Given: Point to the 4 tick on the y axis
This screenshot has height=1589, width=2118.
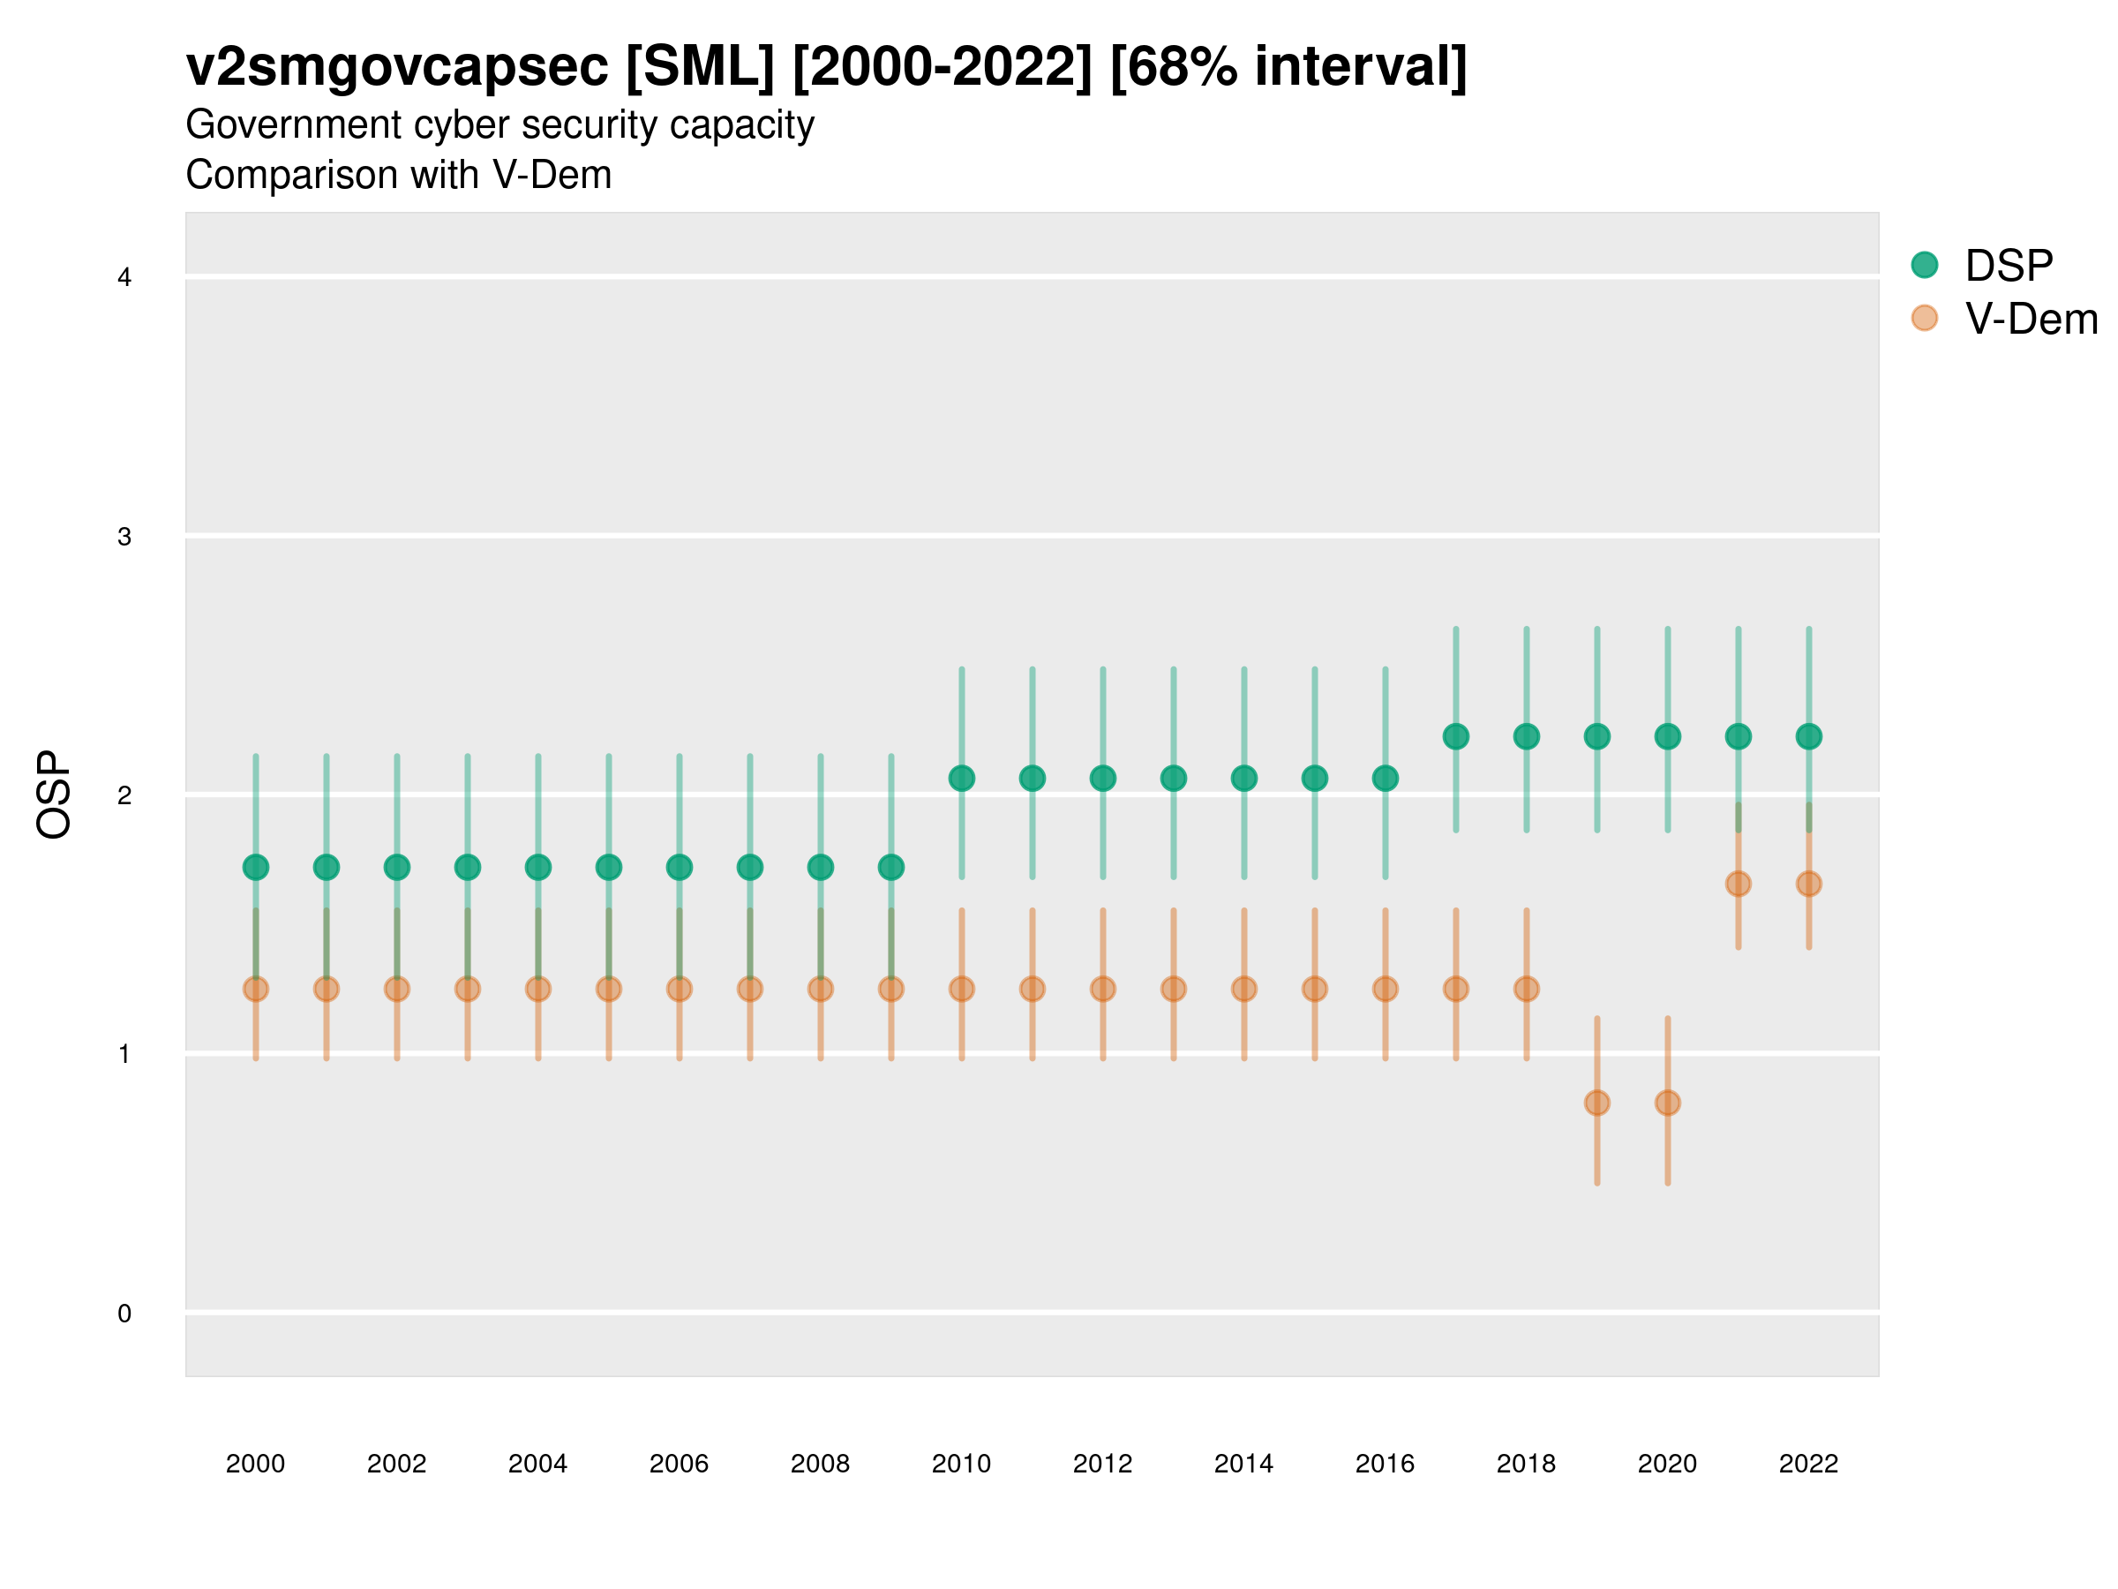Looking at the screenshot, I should [x=124, y=278].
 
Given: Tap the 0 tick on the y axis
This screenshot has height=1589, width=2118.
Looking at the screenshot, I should [x=124, y=1314].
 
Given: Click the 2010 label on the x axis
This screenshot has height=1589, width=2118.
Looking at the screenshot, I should [x=961, y=1464].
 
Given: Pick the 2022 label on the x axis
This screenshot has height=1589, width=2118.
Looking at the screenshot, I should [x=1807, y=1464].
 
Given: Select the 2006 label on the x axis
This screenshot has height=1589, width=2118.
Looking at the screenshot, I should [x=679, y=1464].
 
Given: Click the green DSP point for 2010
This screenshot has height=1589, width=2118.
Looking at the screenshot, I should [x=961, y=779].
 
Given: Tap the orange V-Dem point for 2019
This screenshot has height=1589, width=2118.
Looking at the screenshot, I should [x=1597, y=1103].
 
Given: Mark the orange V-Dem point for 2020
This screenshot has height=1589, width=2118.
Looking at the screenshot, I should [x=1667, y=1103].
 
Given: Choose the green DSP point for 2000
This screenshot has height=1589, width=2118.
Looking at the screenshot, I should [x=256, y=868].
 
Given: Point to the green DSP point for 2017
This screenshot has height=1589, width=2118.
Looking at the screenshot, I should [x=1455, y=736].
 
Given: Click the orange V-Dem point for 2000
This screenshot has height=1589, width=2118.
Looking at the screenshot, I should [x=256, y=990].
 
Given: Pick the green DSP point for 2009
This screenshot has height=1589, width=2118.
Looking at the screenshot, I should [x=891, y=868].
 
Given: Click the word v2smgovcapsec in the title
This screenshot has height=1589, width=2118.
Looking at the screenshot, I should [x=396, y=67].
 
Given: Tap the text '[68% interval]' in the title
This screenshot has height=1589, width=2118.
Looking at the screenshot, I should [x=1288, y=67].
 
